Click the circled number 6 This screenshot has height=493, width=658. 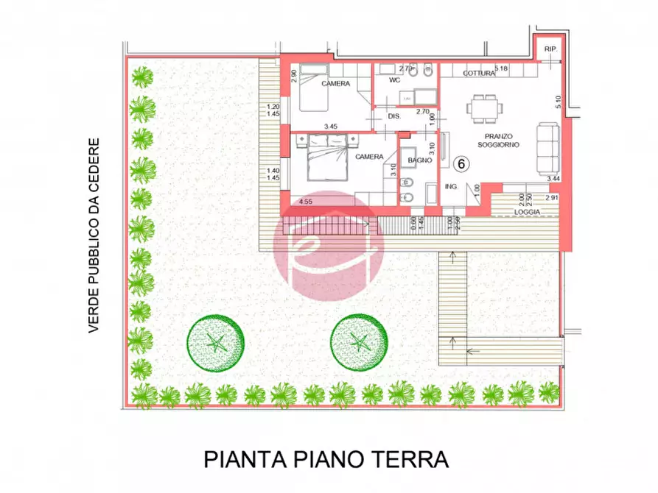[461, 163]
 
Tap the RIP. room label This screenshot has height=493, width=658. [550, 49]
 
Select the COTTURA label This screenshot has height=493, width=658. [479, 74]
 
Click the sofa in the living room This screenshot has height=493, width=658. [547, 146]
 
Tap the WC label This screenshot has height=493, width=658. [394, 79]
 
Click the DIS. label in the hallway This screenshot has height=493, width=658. [394, 116]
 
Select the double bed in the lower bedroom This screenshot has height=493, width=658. [325, 159]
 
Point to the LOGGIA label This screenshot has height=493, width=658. [528, 213]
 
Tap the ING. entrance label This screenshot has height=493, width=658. [451, 187]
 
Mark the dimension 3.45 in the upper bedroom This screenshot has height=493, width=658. [330, 127]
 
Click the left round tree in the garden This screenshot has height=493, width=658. [215, 343]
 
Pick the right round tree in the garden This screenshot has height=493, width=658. [359, 343]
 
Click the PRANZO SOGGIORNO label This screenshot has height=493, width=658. [498, 141]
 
